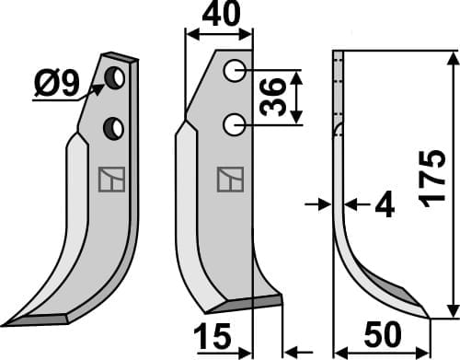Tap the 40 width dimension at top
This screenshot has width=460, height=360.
(x=219, y=15)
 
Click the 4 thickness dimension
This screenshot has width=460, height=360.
(x=384, y=207)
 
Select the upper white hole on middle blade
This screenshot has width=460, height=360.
(x=235, y=69)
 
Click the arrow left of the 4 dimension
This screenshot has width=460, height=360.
(x=321, y=204)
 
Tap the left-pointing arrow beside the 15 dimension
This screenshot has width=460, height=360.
(x=293, y=350)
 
